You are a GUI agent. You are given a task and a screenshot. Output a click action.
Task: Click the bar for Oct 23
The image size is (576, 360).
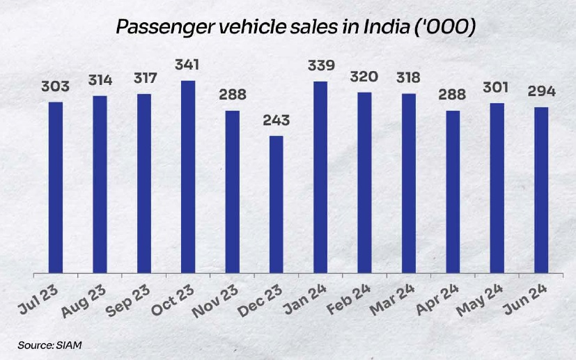(x=188, y=177)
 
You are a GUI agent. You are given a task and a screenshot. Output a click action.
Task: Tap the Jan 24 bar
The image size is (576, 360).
(x=321, y=178)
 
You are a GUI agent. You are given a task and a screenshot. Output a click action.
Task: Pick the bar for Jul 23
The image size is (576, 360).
(x=56, y=187)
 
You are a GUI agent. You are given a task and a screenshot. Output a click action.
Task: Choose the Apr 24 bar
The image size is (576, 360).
(x=453, y=191)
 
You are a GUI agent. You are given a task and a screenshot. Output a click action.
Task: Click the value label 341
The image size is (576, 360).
(x=187, y=65)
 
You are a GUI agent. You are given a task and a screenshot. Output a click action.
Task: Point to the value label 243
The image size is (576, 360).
(x=277, y=120)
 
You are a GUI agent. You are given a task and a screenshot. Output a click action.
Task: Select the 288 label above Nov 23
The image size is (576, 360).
(x=232, y=95)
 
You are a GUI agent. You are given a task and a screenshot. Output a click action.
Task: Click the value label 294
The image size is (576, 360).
(x=541, y=92)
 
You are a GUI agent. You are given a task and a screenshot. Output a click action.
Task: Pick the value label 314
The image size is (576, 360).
(x=100, y=81)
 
